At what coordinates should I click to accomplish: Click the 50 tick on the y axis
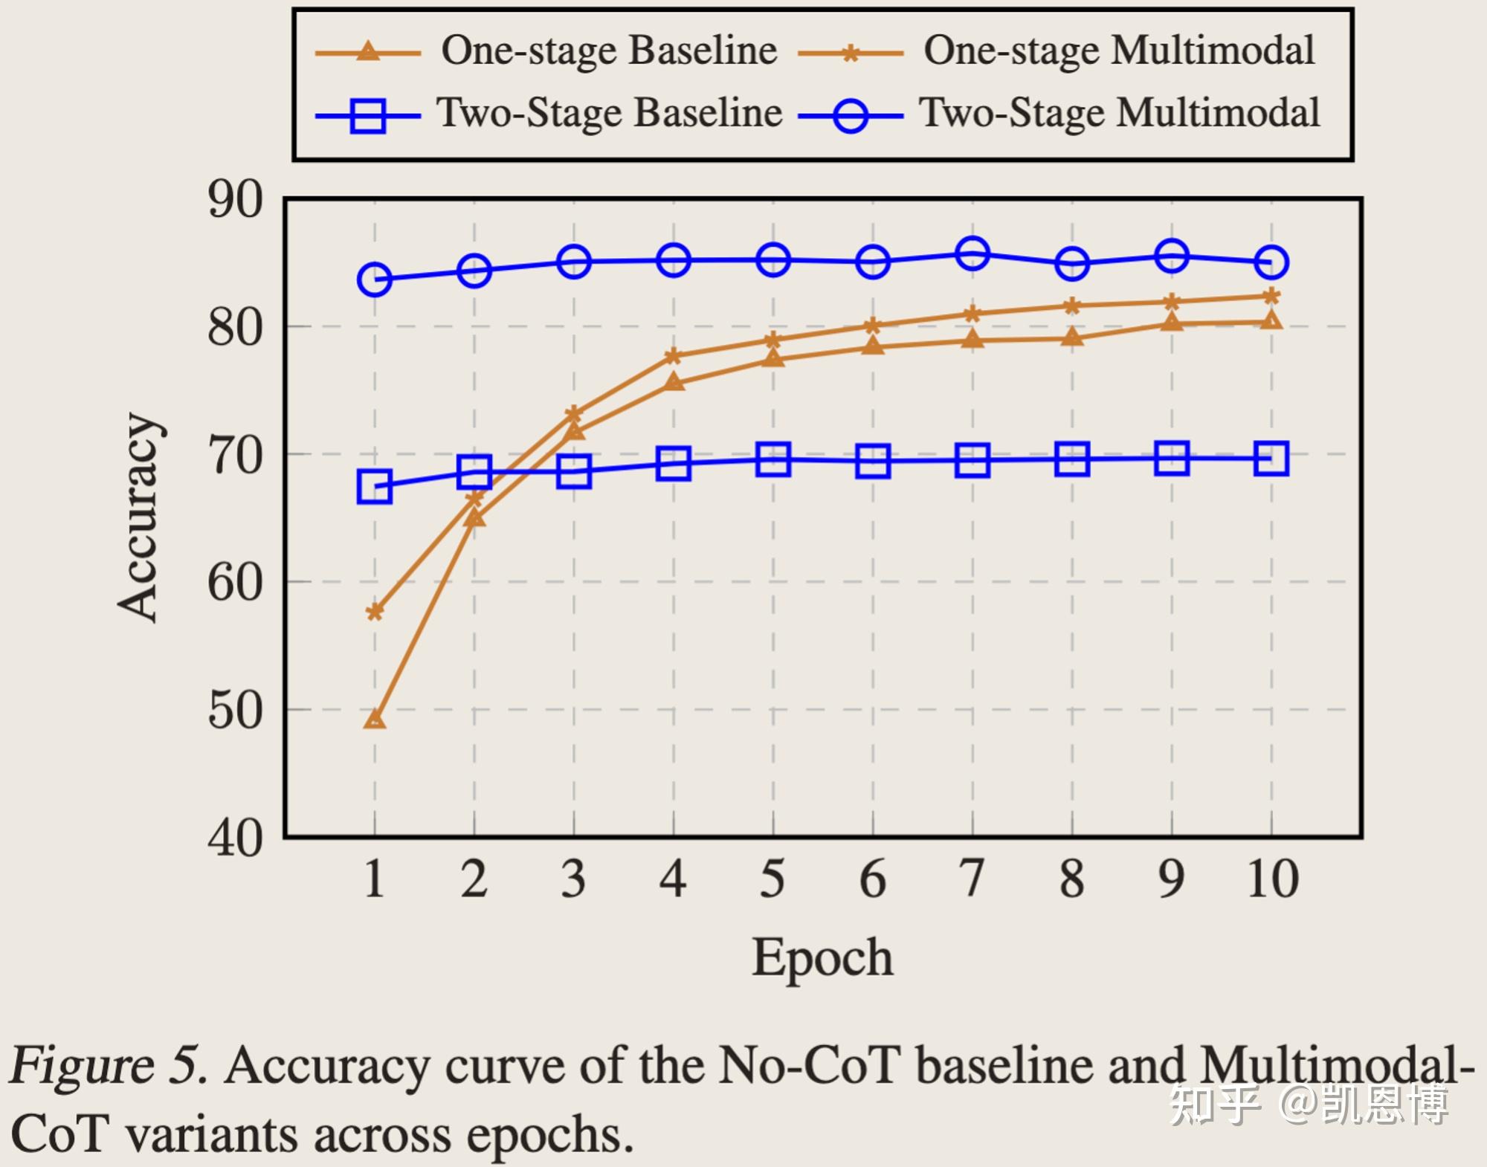tap(235, 711)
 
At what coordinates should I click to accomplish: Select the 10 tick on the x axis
tap(1272, 879)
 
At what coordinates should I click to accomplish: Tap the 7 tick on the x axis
tap(972, 879)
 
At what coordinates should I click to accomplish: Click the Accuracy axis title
tap(139, 517)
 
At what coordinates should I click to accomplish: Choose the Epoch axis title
tap(822, 957)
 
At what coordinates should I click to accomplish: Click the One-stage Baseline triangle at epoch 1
tap(375, 719)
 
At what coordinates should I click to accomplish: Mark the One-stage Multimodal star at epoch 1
tap(375, 612)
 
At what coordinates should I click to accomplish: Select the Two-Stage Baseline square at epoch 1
tap(375, 487)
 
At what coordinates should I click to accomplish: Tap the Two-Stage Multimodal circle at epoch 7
tap(972, 253)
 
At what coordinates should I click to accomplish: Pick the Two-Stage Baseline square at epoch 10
tap(1271, 459)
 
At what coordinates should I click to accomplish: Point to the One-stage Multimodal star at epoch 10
tap(1271, 297)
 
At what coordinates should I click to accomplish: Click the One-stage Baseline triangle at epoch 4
tap(674, 382)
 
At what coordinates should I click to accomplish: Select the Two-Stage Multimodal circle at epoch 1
tap(375, 279)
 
